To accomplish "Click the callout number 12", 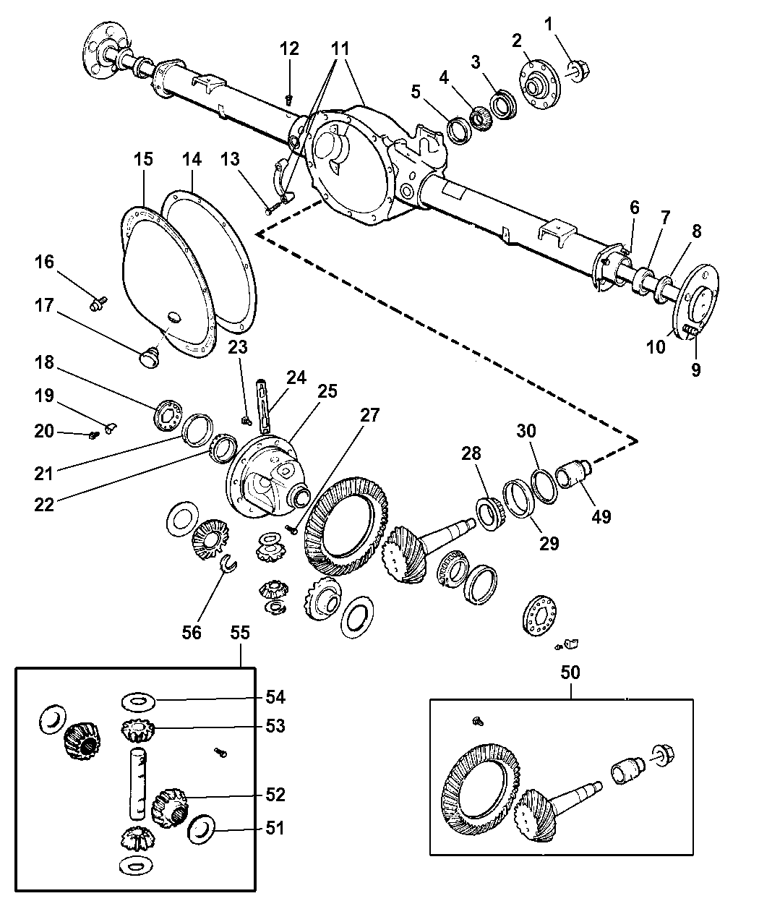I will tap(289, 49).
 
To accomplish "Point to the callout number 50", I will tap(570, 672).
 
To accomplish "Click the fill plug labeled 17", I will tap(150, 357).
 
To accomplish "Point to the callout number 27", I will tap(370, 415).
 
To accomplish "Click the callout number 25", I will tap(327, 391).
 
